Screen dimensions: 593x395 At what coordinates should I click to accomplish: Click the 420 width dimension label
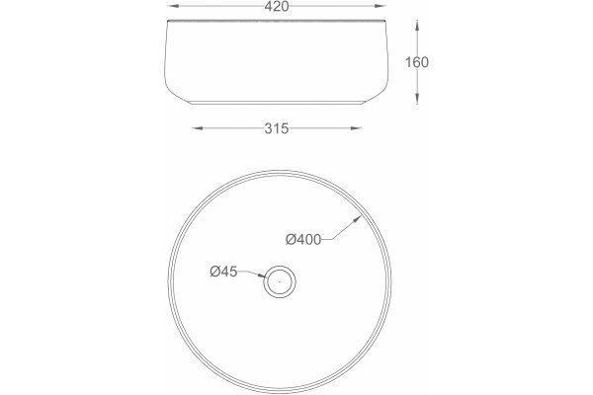(277, 7)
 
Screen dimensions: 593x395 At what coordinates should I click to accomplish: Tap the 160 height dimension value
(417, 62)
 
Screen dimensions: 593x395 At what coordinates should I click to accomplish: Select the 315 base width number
(277, 129)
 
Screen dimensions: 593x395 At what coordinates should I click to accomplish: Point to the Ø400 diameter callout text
(303, 239)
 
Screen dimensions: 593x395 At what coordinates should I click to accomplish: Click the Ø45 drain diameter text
(223, 272)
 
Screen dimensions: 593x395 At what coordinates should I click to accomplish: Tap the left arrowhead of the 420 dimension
(172, 6)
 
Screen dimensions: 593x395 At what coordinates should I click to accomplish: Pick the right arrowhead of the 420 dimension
(381, 6)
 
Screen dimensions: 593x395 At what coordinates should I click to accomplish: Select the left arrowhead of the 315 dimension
(197, 128)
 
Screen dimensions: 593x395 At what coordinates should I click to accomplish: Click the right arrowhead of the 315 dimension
(356, 128)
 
